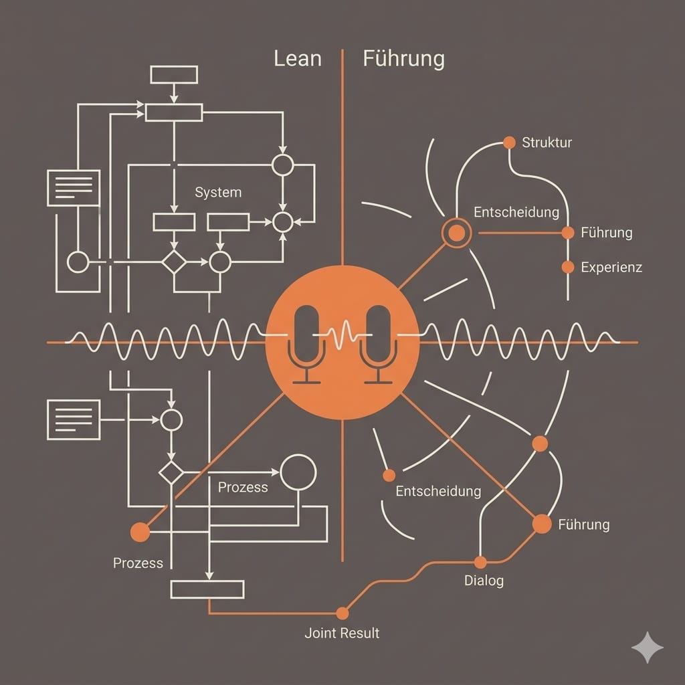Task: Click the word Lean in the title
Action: point(298,59)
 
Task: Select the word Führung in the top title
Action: point(403,59)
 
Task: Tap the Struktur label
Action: point(547,142)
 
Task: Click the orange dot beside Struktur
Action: point(509,142)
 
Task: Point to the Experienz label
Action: point(611,268)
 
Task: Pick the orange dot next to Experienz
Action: point(568,267)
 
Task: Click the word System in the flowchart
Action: point(218,193)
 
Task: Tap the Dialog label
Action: point(484,581)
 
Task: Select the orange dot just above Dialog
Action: point(480,562)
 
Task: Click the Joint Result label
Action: point(342,633)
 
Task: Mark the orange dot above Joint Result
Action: point(342,613)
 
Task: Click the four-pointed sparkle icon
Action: point(647,648)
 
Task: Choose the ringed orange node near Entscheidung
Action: point(457,233)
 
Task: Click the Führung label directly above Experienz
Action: point(606,233)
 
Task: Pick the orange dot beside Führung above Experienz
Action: point(568,233)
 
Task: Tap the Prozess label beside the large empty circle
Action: point(243,487)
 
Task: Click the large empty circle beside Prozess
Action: point(298,472)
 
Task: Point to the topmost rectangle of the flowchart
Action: point(174,74)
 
